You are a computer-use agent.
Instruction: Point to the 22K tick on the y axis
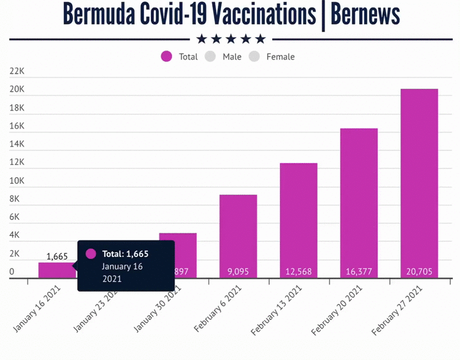pos(17,72)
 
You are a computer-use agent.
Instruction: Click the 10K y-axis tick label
pos(17,181)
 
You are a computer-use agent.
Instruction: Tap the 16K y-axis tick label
pos(17,126)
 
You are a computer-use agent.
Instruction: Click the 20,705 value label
pos(419,272)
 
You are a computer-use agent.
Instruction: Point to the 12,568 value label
pos(298,272)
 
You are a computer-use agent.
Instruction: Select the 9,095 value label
pos(238,272)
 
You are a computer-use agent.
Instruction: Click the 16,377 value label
pos(358,272)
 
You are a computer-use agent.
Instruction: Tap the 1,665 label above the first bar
pos(57,256)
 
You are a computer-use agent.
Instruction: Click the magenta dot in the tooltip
pos(91,254)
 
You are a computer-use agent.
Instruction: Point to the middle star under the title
pos(231,39)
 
